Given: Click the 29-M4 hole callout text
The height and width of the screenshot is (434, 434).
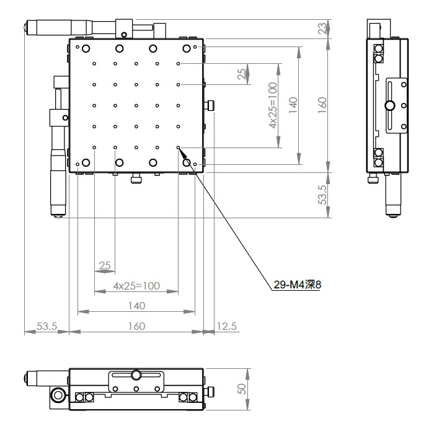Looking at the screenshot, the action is point(297,285).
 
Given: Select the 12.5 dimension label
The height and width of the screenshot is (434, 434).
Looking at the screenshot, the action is point(226,326).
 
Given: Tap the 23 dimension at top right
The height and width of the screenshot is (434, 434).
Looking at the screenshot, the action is point(322,29).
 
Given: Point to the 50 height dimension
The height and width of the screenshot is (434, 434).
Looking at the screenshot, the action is point(242,389).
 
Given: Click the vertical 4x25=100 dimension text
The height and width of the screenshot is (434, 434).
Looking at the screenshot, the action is point(273,105).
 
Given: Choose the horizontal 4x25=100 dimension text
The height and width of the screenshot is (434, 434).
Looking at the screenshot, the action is point(136,286).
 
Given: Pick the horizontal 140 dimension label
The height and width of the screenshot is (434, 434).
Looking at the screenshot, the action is point(137,306).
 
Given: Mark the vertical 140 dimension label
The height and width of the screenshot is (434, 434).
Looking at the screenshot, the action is point(293,105).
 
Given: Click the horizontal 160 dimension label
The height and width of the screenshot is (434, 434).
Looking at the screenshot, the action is point(137,326).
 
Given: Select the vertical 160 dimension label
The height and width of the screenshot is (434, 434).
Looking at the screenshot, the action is point(322,105).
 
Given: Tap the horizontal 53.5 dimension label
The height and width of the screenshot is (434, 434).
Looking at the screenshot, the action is point(46,326).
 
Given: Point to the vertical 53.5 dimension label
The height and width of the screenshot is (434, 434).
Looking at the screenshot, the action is point(322,195).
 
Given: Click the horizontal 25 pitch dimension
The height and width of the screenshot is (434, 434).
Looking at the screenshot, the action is point(105,265).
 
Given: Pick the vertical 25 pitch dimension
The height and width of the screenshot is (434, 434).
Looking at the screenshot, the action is point(242,74).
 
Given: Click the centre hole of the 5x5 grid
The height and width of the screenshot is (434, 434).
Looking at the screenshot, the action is point(136,105).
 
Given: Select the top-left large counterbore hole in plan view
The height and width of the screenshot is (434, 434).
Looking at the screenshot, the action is point(86,49).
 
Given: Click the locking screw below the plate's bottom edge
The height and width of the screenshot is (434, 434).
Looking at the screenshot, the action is point(136,178).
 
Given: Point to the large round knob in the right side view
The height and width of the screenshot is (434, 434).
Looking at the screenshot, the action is point(390,105).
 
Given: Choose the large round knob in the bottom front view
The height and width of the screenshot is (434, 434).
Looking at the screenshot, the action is point(136,375).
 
